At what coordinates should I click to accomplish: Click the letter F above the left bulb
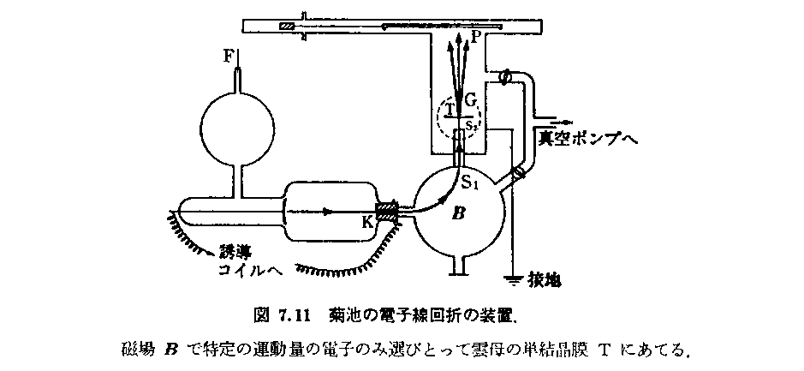[228, 57]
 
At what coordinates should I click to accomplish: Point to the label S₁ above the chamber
[470, 181]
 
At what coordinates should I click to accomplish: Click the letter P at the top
[476, 38]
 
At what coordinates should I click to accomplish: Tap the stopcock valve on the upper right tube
[504, 77]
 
